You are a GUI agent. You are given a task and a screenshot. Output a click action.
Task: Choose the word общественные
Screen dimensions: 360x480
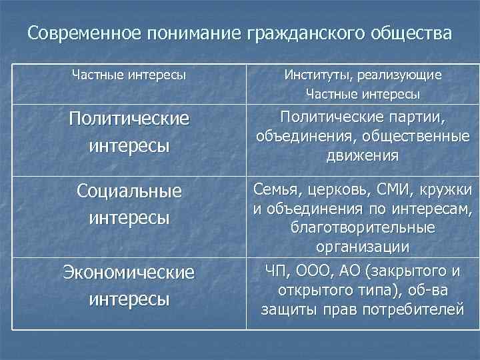411,137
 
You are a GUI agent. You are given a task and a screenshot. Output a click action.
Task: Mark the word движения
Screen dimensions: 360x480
363,157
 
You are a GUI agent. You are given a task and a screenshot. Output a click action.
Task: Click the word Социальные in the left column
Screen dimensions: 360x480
129,191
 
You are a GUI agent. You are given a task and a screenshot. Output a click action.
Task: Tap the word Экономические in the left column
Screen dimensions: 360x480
129,273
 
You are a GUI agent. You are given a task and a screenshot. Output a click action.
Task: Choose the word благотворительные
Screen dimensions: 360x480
363,229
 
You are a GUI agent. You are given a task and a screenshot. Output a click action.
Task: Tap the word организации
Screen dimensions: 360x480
363,247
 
